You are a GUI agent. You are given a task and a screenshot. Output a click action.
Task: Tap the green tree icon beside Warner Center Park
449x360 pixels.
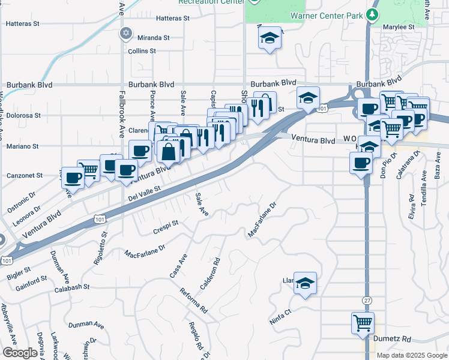click(373, 14)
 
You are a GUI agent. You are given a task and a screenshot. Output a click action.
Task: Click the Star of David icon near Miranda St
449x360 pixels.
click(125, 32)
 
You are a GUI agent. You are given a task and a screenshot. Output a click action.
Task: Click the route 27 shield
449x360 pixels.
click(366, 299)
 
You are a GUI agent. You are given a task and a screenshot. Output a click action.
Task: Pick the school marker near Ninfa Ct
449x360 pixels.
click(306, 282)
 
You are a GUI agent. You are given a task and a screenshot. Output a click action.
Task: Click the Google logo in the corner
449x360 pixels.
click(20, 353)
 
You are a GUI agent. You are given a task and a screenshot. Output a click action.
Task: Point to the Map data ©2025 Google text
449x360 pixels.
click(412, 355)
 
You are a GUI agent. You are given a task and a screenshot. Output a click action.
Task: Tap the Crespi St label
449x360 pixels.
click(166, 226)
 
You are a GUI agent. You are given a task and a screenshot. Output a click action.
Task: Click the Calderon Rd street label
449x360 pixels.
click(211, 274)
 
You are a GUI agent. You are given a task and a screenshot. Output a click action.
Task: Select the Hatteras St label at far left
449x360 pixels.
click(22, 24)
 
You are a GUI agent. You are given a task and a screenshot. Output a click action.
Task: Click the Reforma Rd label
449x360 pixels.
click(193, 301)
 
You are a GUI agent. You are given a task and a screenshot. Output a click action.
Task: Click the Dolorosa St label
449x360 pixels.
click(23, 115)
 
